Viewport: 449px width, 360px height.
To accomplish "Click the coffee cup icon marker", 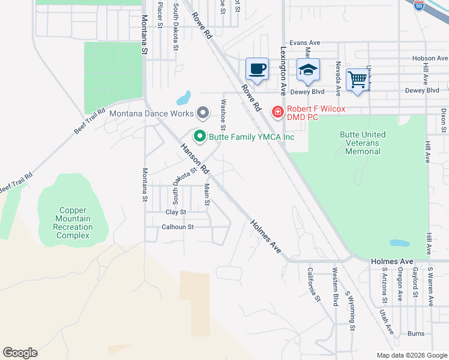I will pyautogui.click(x=257, y=69).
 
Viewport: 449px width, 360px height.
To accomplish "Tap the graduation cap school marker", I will pyautogui.click(x=308, y=70).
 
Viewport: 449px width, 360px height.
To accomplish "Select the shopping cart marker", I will pyautogui.click(x=357, y=79).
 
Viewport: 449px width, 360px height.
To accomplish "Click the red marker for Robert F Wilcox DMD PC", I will pyautogui.click(x=277, y=112).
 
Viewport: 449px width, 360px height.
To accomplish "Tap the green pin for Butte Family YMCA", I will pyautogui.click(x=199, y=137).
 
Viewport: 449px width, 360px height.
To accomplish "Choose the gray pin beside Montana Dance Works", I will pyautogui.click(x=203, y=113).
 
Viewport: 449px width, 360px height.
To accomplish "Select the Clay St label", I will pyautogui.click(x=176, y=212).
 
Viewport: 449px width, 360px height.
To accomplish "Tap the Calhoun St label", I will pyautogui.click(x=178, y=227).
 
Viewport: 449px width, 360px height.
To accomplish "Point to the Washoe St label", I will pyautogui.click(x=223, y=114).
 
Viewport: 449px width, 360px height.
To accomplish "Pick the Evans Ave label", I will pyautogui.click(x=305, y=43).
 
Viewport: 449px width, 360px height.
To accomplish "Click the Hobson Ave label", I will pyautogui.click(x=430, y=58).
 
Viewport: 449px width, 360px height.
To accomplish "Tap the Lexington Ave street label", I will pyautogui.click(x=283, y=72).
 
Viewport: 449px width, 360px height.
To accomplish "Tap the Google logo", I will pyautogui.click(x=20, y=353).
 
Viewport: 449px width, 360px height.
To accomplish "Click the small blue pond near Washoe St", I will pyautogui.click(x=184, y=97).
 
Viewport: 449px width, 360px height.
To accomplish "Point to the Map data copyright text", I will pyautogui.click(x=411, y=355).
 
